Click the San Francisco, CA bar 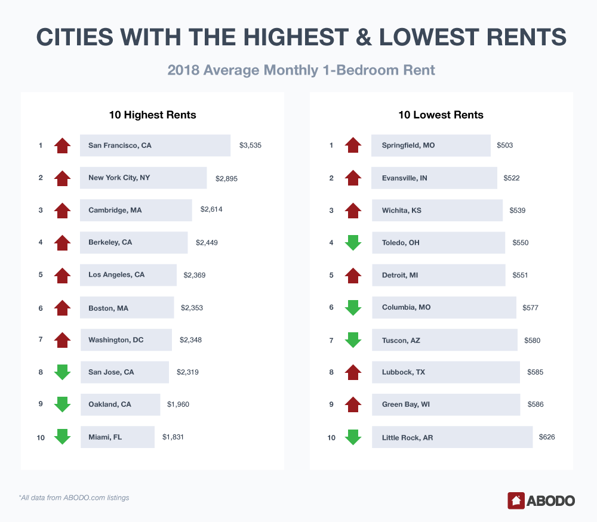pyautogui.click(x=155, y=145)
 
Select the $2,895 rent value pyautogui.click(x=226, y=178)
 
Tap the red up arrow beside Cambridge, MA pyautogui.click(x=62, y=210)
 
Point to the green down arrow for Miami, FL pyautogui.click(x=62, y=437)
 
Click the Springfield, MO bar pyautogui.click(x=430, y=145)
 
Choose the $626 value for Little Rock pyautogui.click(x=547, y=437)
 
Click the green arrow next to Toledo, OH pyautogui.click(x=353, y=243)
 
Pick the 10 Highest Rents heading pyautogui.click(x=152, y=115)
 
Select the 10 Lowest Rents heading pyautogui.click(x=441, y=115)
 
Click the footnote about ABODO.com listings pyautogui.click(x=73, y=498)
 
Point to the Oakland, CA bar pyautogui.click(x=121, y=404)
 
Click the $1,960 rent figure pyautogui.click(x=178, y=404)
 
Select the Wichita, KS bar pyautogui.click(x=437, y=210)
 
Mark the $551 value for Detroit pyautogui.click(x=520, y=275)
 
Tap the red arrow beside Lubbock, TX pyautogui.click(x=353, y=372)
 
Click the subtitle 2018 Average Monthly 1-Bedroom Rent pyautogui.click(x=301, y=70)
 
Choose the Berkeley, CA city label pyautogui.click(x=110, y=242)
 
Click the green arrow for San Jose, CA pyautogui.click(x=62, y=372)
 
